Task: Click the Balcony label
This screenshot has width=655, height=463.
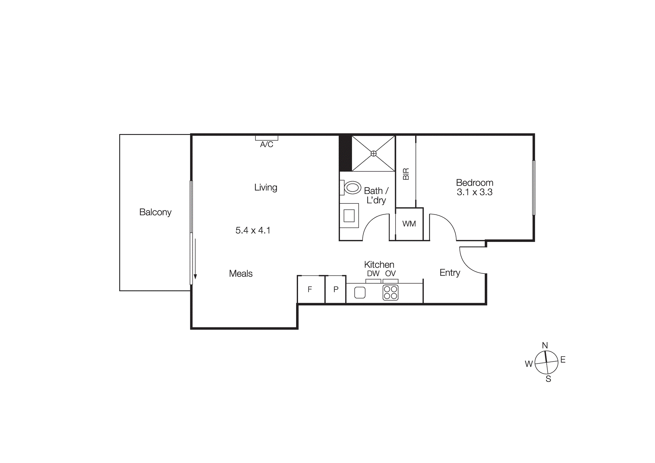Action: [x=155, y=212]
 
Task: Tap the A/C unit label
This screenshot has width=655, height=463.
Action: [x=267, y=145]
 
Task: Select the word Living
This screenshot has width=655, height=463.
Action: [x=266, y=187]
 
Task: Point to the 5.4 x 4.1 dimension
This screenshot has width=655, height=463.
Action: [x=253, y=230]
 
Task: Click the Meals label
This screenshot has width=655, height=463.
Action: [x=241, y=274]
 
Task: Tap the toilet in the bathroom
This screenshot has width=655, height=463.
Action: [x=352, y=188]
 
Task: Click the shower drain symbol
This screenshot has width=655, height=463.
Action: [x=373, y=153]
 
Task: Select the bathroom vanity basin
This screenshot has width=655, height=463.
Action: [x=349, y=216]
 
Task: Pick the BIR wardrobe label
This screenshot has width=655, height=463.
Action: [x=406, y=174]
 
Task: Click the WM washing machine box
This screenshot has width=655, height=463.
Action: [x=409, y=224]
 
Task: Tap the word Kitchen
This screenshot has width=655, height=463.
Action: [x=379, y=264]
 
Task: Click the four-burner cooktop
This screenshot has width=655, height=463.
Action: [x=390, y=293]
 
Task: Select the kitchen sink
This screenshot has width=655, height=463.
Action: [x=360, y=293]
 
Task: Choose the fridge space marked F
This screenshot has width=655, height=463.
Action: [x=310, y=289]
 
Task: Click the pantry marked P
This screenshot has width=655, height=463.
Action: [x=336, y=289]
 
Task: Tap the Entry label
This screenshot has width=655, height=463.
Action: [x=450, y=273]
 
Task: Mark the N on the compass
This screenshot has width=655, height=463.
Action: [x=545, y=345]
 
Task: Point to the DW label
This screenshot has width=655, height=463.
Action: [x=373, y=274]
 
